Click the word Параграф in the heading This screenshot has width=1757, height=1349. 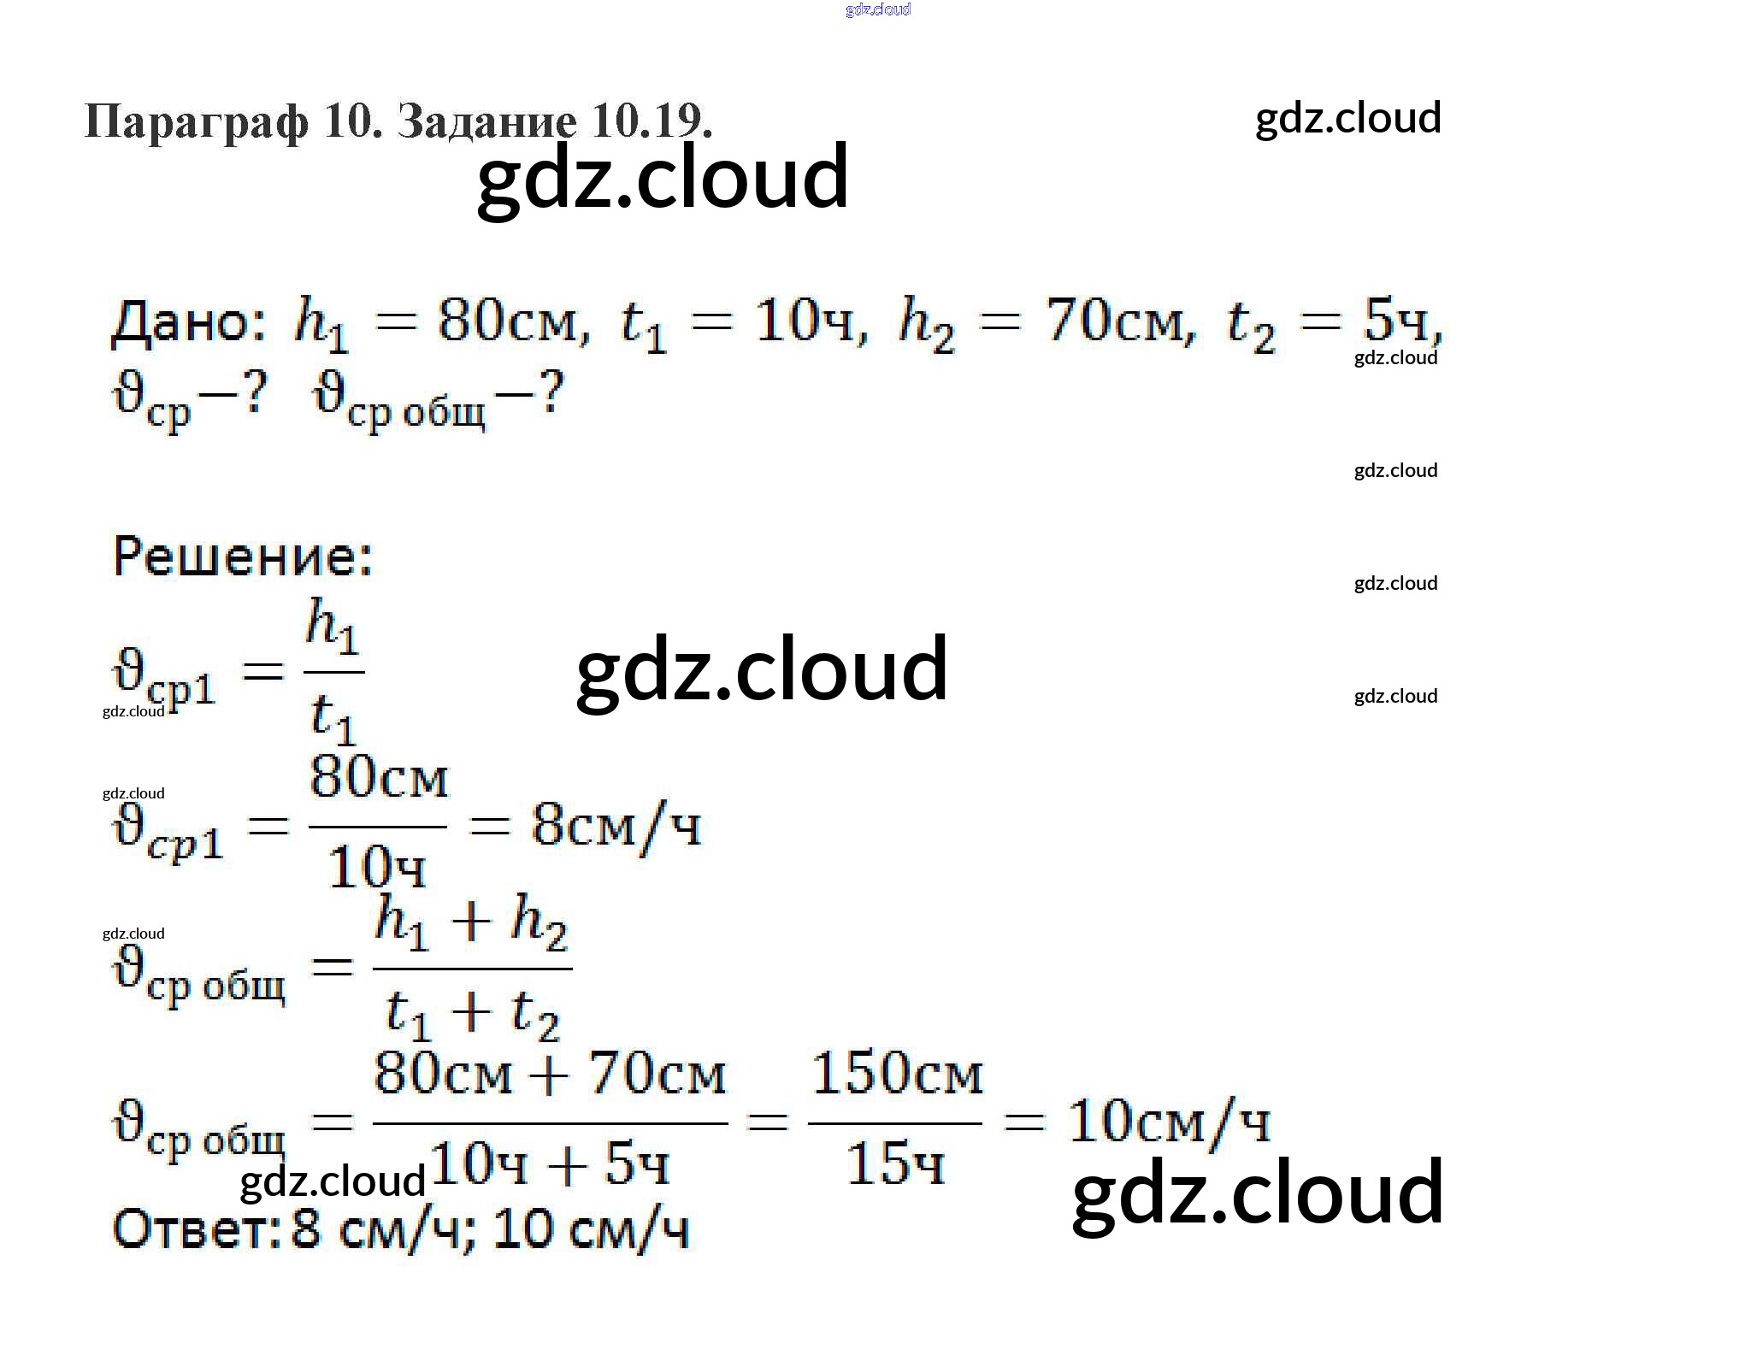[196, 121]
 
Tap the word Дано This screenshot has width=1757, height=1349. [188, 323]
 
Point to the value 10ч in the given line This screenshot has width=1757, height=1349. [804, 322]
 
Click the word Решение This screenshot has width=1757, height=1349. [243, 557]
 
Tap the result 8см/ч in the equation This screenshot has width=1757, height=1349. [616, 827]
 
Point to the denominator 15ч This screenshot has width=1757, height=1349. [894, 1163]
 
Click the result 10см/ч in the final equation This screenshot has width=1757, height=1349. [1169, 1122]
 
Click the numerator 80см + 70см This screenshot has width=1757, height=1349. [550, 1074]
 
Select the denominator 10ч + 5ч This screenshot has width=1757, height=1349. [549, 1163]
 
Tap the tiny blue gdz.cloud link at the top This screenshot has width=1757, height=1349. [878, 9]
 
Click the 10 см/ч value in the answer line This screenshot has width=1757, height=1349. [591, 1229]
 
